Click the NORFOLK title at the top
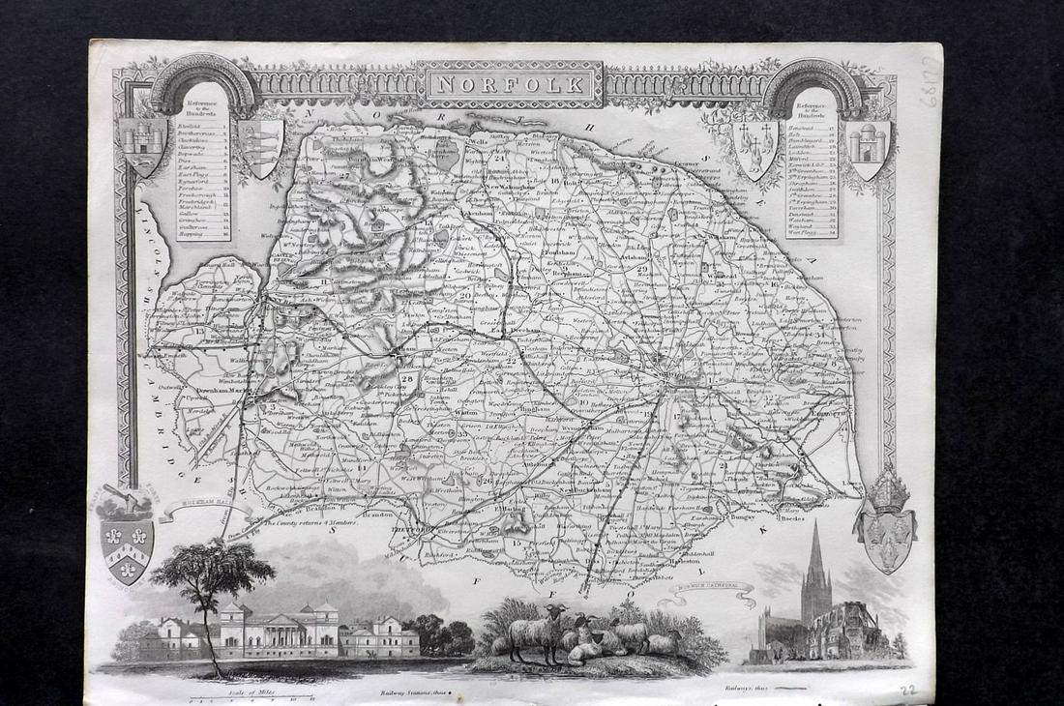[510, 83]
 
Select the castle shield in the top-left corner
[143, 147]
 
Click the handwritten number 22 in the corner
[906, 690]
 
